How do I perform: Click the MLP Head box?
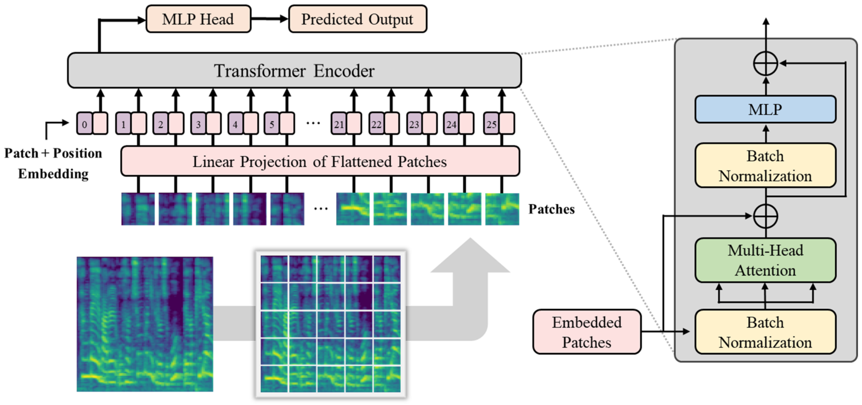coord(198,19)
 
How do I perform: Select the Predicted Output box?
coord(358,19)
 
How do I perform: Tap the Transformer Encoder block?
coord(294,70)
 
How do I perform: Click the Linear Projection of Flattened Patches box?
coord(320,161)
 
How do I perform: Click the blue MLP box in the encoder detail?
coord(765,109)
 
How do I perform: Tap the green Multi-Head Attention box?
coord(765,260)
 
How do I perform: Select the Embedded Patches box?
coord(587,332)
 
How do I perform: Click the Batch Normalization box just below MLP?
coord(765,166)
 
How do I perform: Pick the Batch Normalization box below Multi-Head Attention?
coord(765,332)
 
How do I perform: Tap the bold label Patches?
coord(551,209)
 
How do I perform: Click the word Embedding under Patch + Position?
coord(53,174)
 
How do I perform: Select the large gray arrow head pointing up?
coord(470,255)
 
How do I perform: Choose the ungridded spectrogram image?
coord(145,324)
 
